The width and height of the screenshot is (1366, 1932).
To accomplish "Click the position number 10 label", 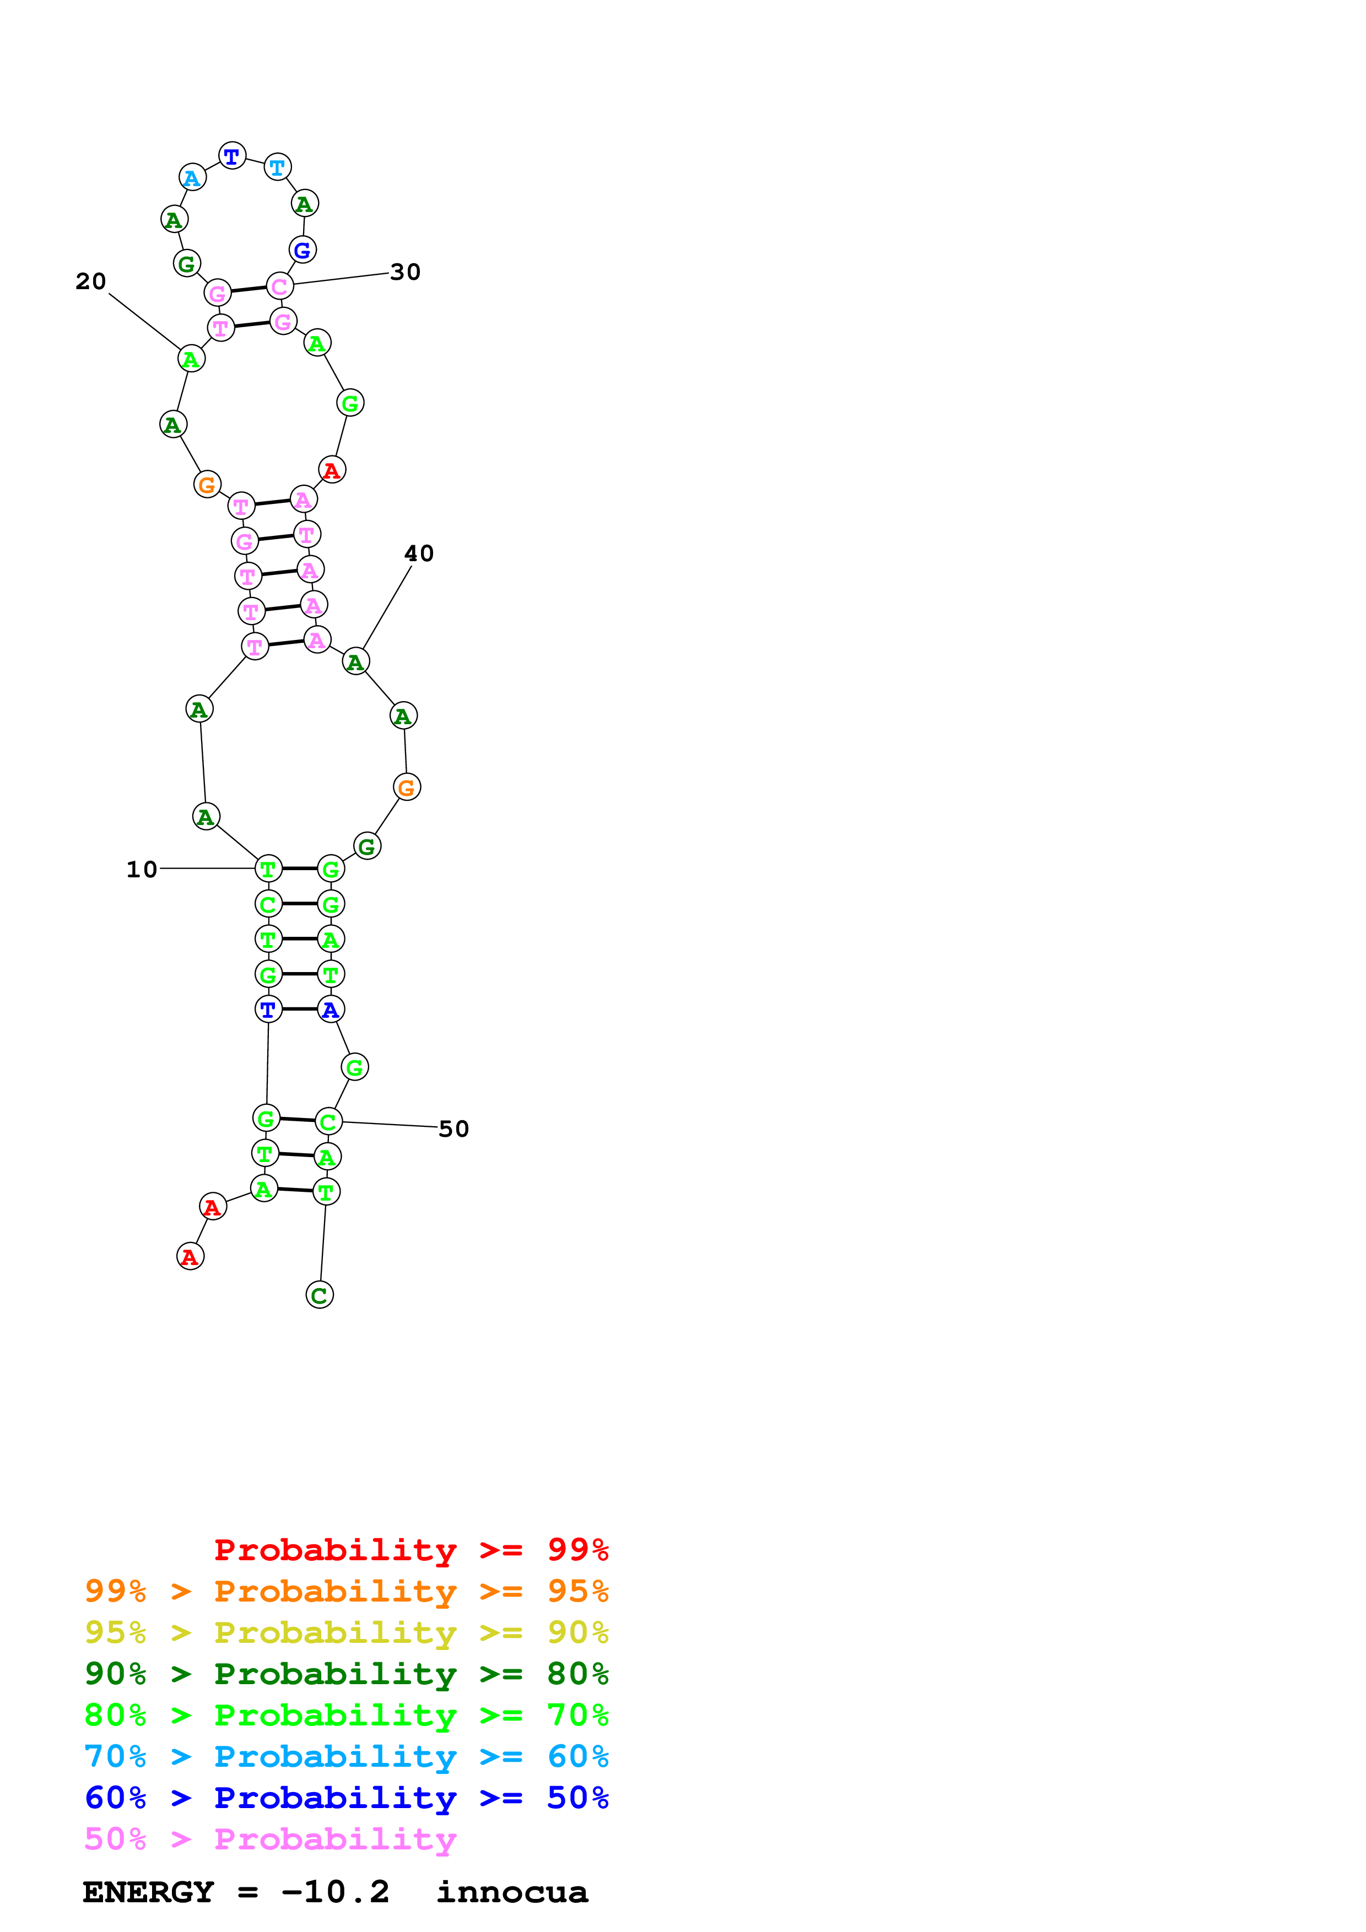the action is [x=142, y=869].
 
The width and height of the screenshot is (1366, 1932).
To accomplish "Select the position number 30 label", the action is [x=405, y=272].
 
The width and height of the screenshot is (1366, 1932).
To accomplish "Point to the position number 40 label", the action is [x=418, y=553].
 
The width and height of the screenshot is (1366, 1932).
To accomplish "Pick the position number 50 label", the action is [x=453, y=1128].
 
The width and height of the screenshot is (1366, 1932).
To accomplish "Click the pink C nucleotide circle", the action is [x=279, y=286].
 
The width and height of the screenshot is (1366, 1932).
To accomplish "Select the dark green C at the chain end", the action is [x=319, y=1295].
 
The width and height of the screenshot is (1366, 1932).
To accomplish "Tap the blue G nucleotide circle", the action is [x=302, y=250].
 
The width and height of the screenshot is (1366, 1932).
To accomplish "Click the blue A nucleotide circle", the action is [x=331, y=1010].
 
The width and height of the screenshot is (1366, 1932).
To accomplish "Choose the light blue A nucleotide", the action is [x=193, y=177].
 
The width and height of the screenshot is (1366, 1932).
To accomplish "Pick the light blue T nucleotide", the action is [x=277, y=167].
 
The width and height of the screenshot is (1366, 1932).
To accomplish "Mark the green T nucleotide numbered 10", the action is [x=268, y=869].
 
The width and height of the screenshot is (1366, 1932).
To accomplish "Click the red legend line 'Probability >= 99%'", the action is [x=411, y=1550].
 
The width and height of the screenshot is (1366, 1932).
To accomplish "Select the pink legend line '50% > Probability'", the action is [x=270, y=1838].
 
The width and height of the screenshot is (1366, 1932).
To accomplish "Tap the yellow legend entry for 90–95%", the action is [x=346, y=1632].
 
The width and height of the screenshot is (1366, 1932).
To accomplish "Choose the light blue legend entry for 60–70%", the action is [x=346, y=1756].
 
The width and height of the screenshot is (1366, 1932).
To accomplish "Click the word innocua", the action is [x=512, y=1892].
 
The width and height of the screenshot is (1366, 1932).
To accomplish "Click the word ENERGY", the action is [x=148, y=1892].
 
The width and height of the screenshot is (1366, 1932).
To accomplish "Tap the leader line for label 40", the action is [x=387, y=607].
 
